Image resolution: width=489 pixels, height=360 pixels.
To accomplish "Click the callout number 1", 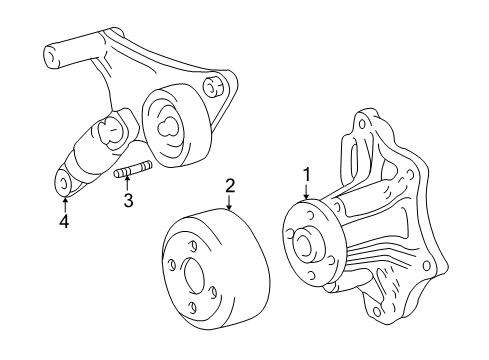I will click(x=308, y=172).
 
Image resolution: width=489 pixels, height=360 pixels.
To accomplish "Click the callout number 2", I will click(x=229, y=185).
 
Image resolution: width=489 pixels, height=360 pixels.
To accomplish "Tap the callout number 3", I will click(x=127, y=201).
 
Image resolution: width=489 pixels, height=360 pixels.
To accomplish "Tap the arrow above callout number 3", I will click(x=127, y=185).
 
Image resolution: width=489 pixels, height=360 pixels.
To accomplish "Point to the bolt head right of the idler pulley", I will click(x=212, y=87).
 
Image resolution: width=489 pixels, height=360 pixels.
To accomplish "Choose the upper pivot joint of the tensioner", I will click(x=112, y=127).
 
